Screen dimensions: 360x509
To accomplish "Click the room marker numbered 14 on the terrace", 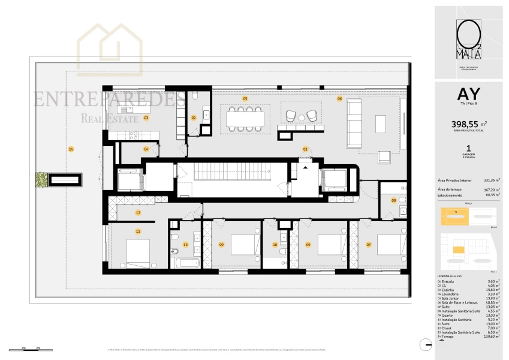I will pyautogui.click(x=71, y=149).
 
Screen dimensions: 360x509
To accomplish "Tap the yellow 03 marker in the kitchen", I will pyautogui.click(x=146, y=118).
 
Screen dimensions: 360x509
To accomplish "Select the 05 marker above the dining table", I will pyautogui.click(x=245, y=98).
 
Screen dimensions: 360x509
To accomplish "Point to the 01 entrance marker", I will pyautogui.click(x=305, y=148).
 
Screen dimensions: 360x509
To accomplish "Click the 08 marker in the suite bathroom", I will pyautogui.click(x=394, y=200).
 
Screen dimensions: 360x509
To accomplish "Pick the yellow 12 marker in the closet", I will pyautogui.click(x=138, y=212).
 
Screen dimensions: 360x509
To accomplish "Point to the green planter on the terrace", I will pyautogui.click(x=40, y=179).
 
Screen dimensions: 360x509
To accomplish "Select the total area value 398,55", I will pyautogui.click(x=465, y=124).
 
